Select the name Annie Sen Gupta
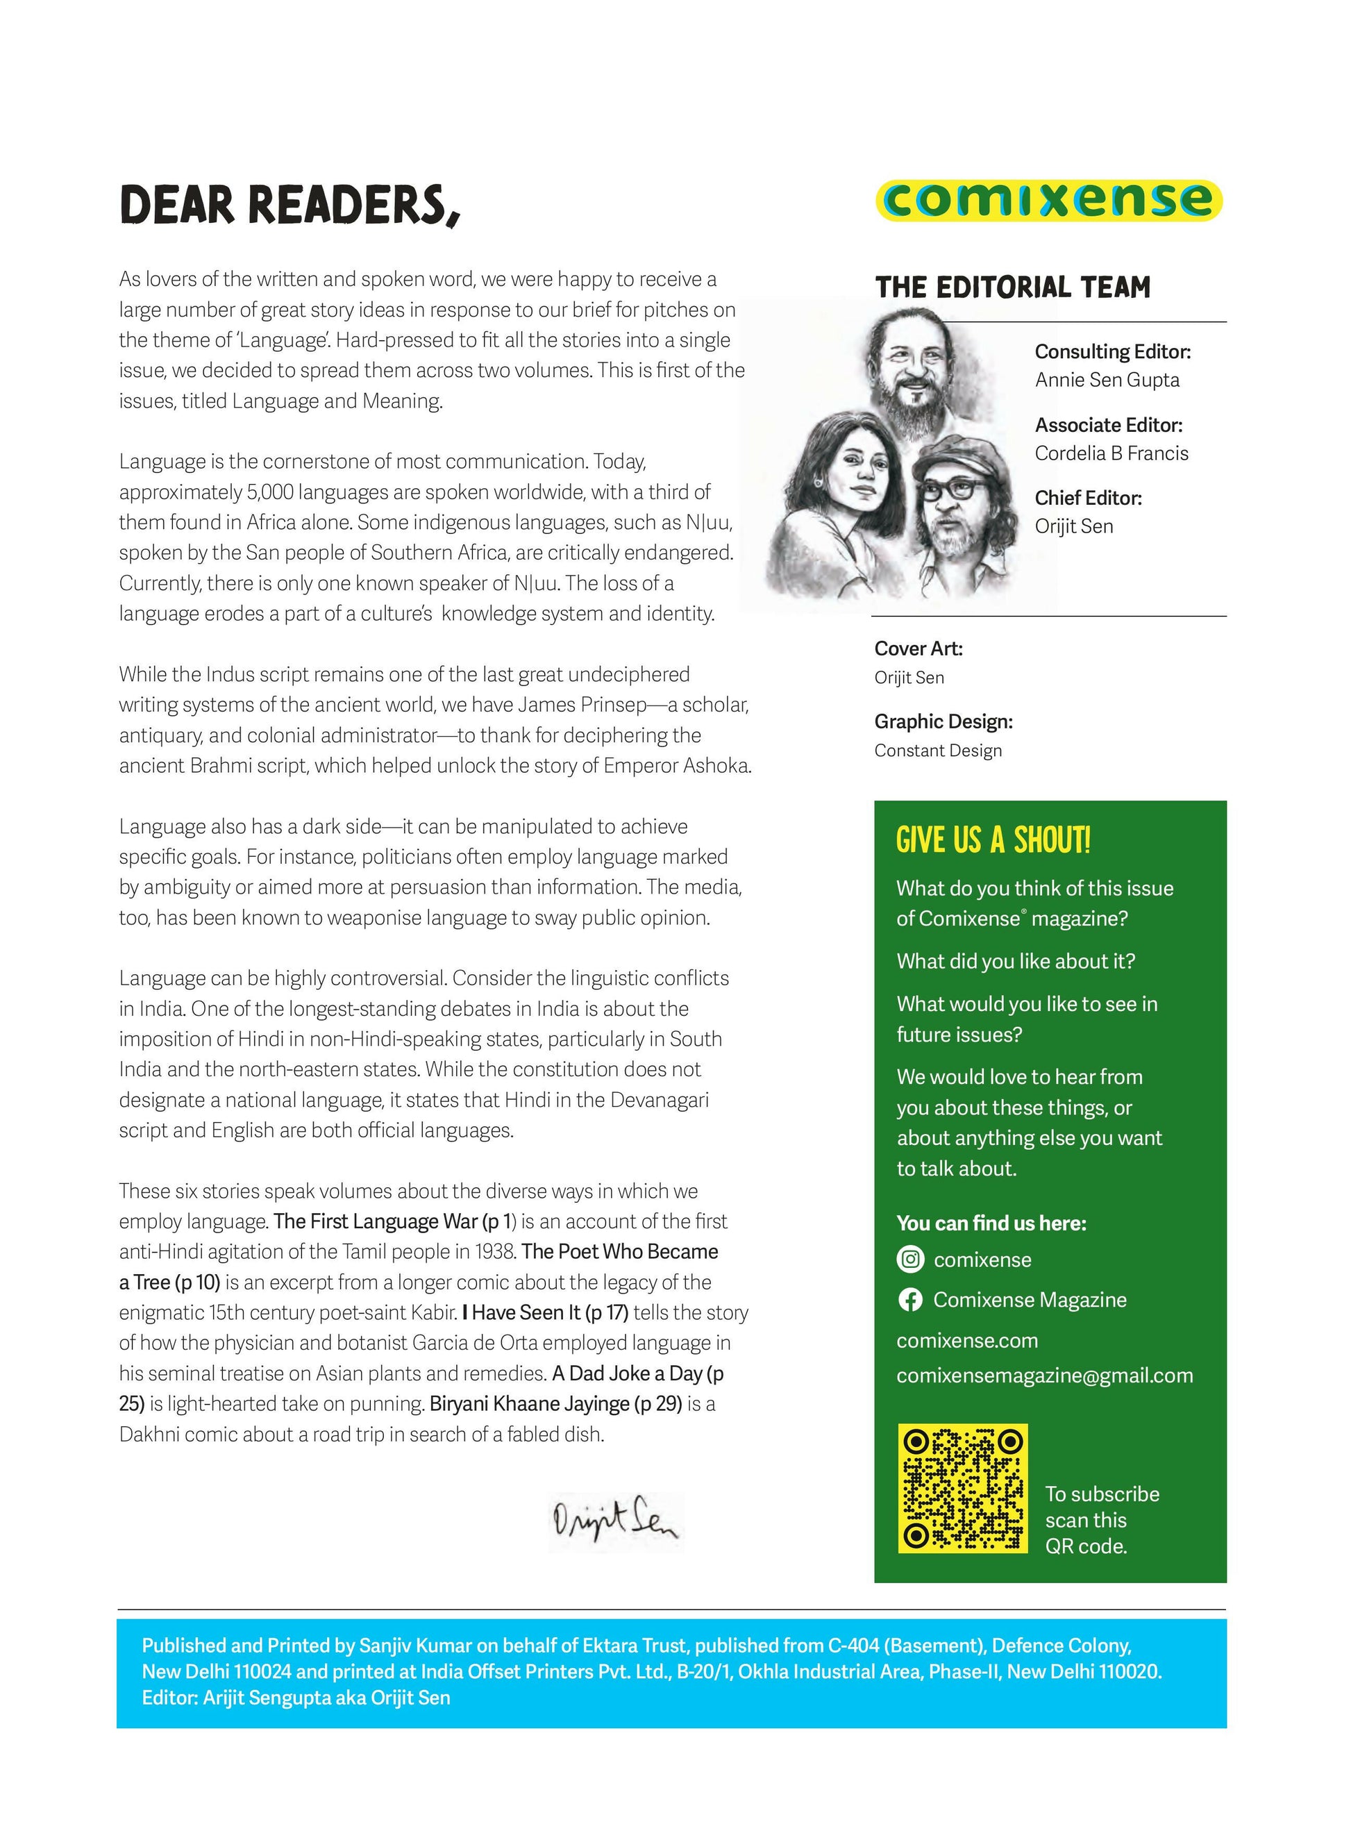(x=1107, y=381)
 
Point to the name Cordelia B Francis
(x=1111, y=454)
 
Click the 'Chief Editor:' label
(x=1088, y=498)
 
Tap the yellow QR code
(x=962, y=1489)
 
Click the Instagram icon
(x=910, y=1260)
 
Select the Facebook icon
(x=910, y=1301)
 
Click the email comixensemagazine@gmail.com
(x=1044, y=1376)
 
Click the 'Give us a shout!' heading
(x=993, y=841)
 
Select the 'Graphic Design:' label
(x=943, y=722)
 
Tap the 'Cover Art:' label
(x=918, y=649)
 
